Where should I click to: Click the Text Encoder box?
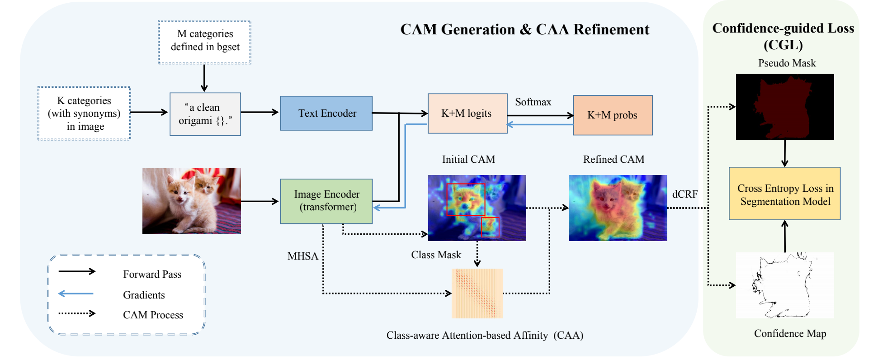326,113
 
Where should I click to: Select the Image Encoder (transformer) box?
326,201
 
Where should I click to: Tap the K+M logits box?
467,113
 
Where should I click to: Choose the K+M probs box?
612,115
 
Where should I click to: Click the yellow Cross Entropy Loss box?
784,194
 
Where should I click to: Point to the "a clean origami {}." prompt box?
205,114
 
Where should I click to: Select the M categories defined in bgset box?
204,42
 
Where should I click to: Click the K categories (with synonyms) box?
84,113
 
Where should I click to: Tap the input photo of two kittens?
191,201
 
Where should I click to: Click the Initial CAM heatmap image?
477,208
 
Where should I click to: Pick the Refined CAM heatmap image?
618,208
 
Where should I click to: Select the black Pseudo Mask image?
784,106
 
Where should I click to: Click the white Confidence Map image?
784,285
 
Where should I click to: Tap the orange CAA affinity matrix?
477,293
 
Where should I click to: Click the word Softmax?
533,102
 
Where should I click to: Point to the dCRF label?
684,194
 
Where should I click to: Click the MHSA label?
302,256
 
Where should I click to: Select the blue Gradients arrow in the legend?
76,294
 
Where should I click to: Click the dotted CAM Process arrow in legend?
77,313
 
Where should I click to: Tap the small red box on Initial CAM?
490,227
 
